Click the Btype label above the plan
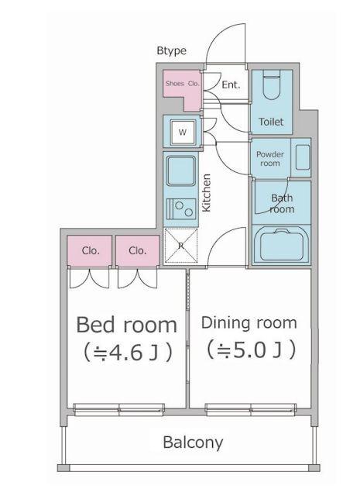[x=171, y=50]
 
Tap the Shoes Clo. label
[x=183, y=83]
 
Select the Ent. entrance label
[x=231, y=84]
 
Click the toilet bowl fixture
[x=272, y=84]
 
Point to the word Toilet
[x=271, y=122]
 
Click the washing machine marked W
[x=183, y=132]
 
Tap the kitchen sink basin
[x=181, y=171]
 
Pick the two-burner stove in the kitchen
[x=181, y=209]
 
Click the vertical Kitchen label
[x=207, y=193]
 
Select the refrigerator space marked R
[x=181, y=246]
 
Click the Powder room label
[x=270, y=158]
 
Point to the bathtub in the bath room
[x=282, y=245]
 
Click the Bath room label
[x=282, y=203]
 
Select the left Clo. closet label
[x=91, y=250]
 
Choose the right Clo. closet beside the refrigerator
[x=138, y=250]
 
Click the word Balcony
[x=194, y=443]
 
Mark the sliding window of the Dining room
[x=251, y=409]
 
